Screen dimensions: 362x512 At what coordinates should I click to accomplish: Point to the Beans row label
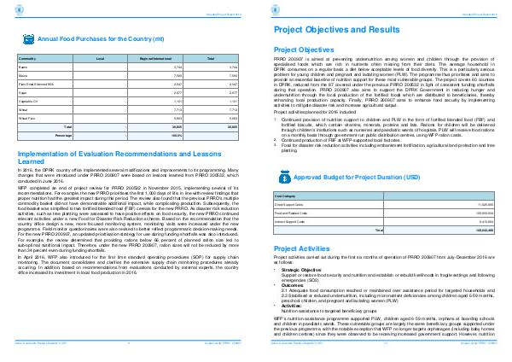point(24,66)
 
